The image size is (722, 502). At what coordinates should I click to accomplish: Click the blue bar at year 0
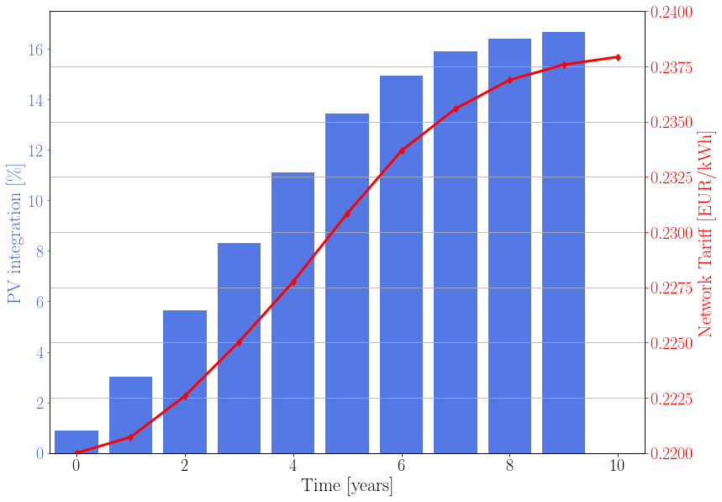pyautogui.click(x=76, y=442)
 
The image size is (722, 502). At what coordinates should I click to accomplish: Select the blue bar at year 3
pyautogui.click(x=239, y=348)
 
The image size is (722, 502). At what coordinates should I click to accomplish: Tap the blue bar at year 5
pyautogui.click(x=347, y=283)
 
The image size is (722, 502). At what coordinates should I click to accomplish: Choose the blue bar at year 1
pyautogui.click(x=130, y=415)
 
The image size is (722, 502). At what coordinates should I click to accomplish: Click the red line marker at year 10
pyautogui.click(x=618, y=57)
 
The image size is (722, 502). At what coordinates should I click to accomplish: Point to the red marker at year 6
pyautogui.click(x=402, y=151)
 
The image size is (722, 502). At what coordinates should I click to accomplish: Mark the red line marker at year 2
pyautogui.click(x=185, y=396)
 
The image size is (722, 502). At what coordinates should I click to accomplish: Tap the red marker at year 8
pyautogui.click(x=509, y=80)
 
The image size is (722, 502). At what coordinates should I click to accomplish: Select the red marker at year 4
pyautogui.click(x=293, y=282)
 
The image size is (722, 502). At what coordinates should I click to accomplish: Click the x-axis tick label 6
pyautogui.click(x=402, y=467)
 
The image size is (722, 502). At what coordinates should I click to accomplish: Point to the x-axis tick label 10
pyautogui.click(x=618, y=467)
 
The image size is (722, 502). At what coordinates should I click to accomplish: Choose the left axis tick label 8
pyautogui.click(x=39, y=251)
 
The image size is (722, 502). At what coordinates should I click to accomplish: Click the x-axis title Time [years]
pyautogui.click(x=347, y=486)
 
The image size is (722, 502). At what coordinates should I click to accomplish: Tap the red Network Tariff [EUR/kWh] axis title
pyautogui.click(x=706, y=233)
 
